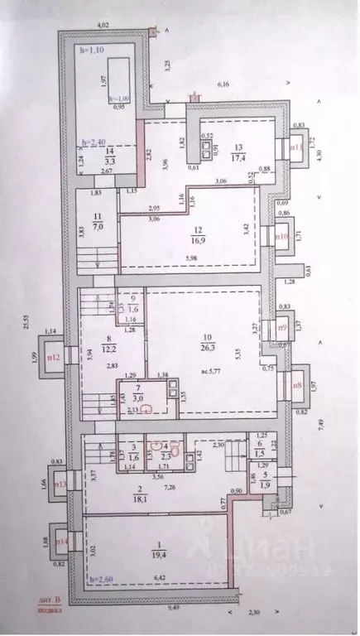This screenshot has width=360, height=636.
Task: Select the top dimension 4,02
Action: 103,26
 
